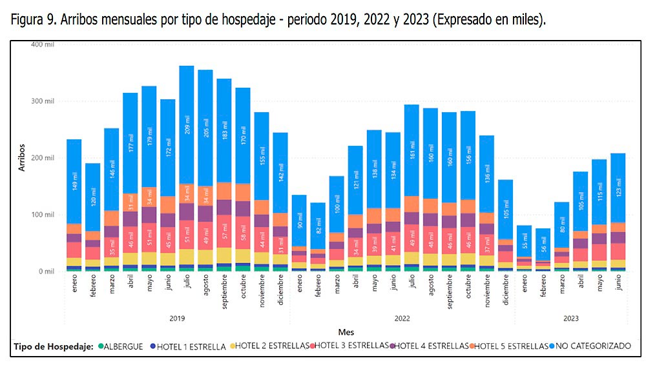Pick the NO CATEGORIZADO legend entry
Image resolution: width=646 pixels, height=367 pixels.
point(592,346)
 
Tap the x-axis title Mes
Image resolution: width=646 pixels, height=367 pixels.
point(346,332)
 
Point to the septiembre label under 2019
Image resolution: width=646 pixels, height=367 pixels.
point(224,294)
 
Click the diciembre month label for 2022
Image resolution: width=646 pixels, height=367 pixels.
point(505,292)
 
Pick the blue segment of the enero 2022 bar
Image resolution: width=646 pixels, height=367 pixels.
point(299,220)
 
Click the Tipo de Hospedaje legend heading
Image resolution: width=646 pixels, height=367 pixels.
point(54,346)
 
